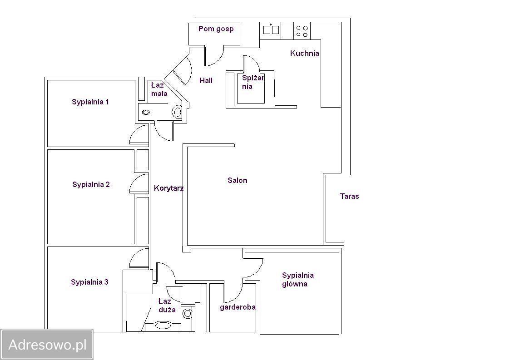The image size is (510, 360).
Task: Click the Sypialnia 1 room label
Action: click(90, 102)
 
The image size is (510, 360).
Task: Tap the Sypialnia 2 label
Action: click(91, 184)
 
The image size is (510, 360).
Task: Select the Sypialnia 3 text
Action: click(89, 282)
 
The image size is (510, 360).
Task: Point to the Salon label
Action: click(238, 180)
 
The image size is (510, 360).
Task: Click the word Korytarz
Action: click(168, 188)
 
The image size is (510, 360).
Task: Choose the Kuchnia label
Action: click(304, 53)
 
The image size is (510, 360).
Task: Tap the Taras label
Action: click(349, 196)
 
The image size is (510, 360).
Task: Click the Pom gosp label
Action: click(216, 29)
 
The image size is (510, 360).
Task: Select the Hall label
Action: click(206, 80)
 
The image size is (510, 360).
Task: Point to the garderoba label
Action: click(238, 307)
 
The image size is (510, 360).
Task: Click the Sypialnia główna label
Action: click(297, 279)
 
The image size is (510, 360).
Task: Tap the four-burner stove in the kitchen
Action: click(302, 31)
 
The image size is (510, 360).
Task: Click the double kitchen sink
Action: click(271, 30)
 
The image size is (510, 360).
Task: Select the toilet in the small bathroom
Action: click(177, 112)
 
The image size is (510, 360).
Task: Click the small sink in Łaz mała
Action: click(146, 113)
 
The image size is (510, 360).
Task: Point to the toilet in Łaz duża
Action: click(188, 314)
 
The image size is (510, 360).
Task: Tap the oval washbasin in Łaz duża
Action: click(163, 325)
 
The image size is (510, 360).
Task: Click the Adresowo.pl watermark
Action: click(47, 345)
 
